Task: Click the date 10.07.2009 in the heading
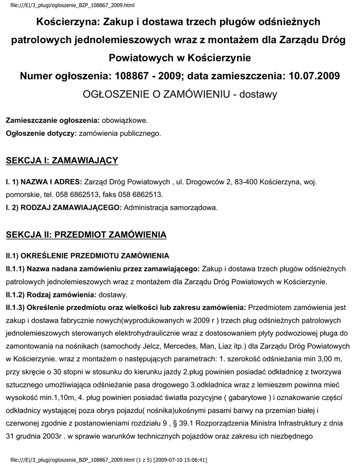point(314,76)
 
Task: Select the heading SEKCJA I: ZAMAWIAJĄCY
point(62,160)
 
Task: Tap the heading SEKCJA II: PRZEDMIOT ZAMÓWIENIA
point(86,235)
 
